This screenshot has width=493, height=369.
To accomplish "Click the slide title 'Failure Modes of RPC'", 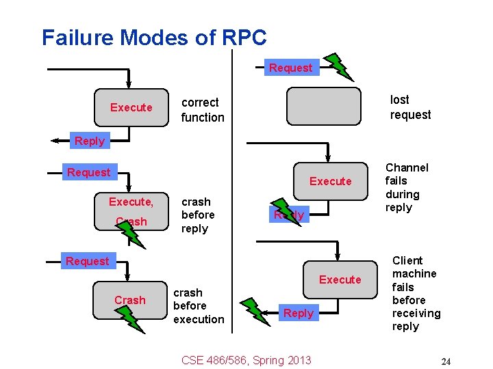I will click(x=154, y=38).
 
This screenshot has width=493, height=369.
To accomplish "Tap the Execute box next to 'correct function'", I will click(x=131, y=107).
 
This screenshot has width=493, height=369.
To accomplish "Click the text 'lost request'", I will click(x=410, y=107).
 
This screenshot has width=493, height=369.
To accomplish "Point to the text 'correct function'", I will click(x=202, y=110).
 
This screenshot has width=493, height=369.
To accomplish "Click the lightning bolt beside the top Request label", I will click(x=338, y=66).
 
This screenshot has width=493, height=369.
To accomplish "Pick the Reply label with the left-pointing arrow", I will click(x=89, y=141).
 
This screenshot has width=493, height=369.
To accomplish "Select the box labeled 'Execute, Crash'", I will click(x=131, y=210).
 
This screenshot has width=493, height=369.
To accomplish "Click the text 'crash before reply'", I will click(x=197, y=215).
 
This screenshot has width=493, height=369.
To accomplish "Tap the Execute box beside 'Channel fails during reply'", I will click(x=330, y=181).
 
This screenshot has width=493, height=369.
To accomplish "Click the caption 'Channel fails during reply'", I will click(x=407, y=187).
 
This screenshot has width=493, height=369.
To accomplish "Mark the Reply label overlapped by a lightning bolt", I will click(x=288, y=215).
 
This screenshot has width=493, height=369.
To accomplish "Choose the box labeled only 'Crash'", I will click(x=130, y=300).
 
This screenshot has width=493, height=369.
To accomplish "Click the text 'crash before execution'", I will click(x=199, y=305).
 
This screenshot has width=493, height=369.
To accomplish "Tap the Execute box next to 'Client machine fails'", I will click(x=340, y=279).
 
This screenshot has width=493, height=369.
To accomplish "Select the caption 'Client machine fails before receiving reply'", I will click(x=416, y=293).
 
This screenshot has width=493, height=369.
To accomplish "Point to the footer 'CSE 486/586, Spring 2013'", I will click(x=246, y=360).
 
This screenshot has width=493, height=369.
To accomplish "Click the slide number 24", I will click(x=446, y=361).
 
